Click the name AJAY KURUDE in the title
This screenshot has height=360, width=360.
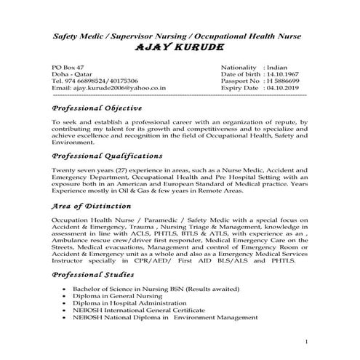(x=179, y=48)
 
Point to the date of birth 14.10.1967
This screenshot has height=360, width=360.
(x=283, y=73)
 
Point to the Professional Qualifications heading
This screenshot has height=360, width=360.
(x=107, y=156)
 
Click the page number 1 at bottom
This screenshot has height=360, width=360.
(x=308, y=342)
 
